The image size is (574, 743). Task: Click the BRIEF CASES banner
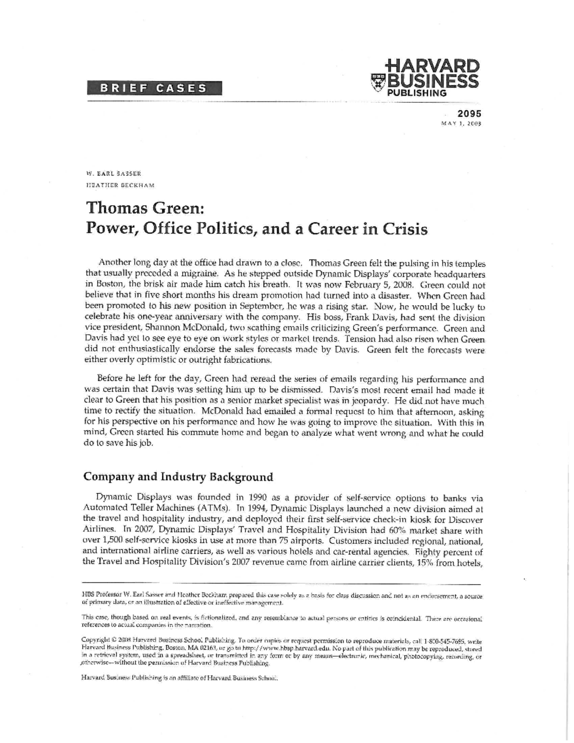coord(154,88)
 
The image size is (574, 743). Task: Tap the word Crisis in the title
coord(403,229)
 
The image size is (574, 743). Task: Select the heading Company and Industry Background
coord(178,477)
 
